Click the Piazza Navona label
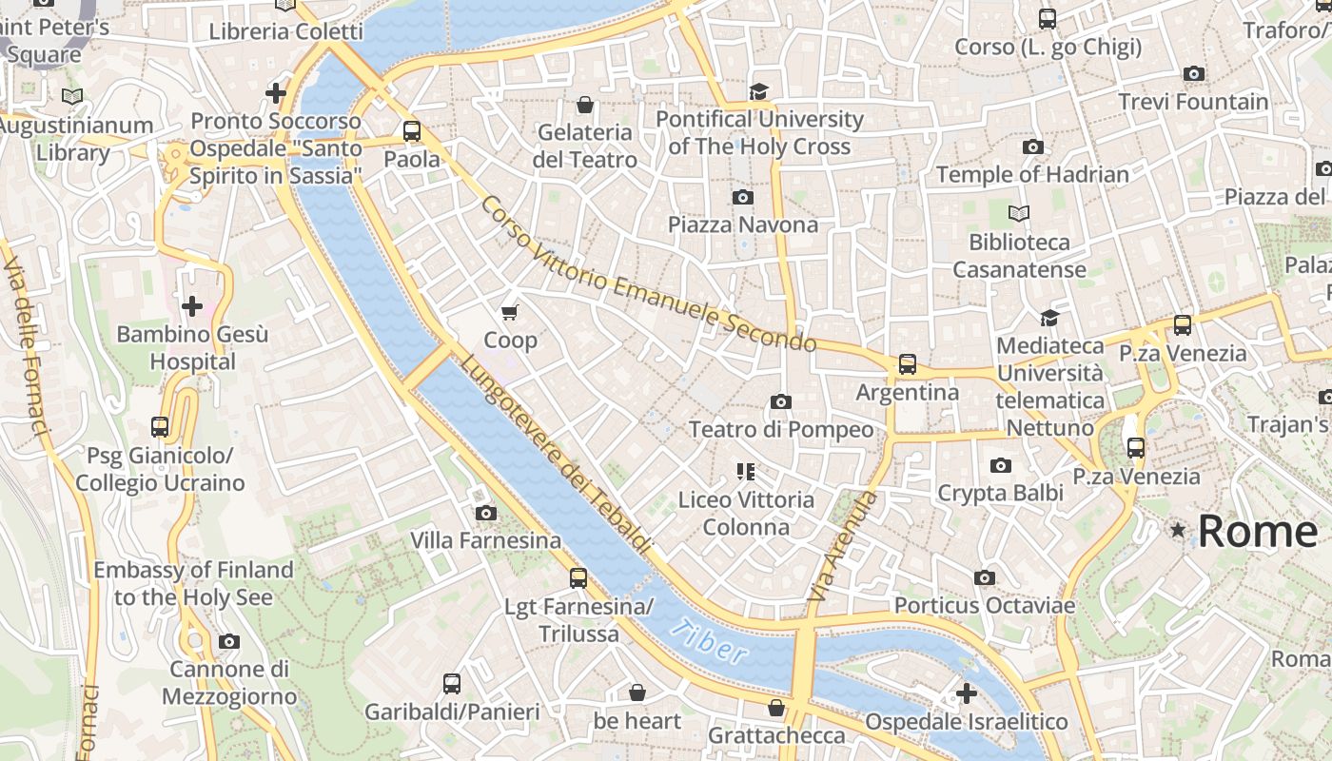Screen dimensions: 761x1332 (743, 224)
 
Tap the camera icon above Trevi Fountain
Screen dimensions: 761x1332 (1193, 74)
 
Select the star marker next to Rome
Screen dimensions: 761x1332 (1179, 530)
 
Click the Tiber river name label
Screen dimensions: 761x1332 (709, 641)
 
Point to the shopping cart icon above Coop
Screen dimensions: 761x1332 (510, 312)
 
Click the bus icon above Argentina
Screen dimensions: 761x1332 (907, 364)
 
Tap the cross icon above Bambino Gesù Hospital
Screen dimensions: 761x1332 (192, 306)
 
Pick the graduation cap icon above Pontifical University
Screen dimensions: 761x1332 (758, 91)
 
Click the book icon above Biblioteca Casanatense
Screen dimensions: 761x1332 (1019, 214)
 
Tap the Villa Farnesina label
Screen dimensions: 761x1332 (485, 540)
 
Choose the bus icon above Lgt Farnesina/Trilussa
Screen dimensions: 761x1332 (578, 577)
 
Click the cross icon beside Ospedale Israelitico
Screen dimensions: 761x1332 (967, 693)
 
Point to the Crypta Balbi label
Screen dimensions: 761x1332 (1000, 493)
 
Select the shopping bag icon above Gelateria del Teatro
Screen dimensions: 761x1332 (584, 104)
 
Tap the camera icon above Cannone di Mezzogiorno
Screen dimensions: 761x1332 (229, 642)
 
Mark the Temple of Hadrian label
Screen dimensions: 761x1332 (1032, 174)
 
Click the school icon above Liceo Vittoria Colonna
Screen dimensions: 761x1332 (745, 471)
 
